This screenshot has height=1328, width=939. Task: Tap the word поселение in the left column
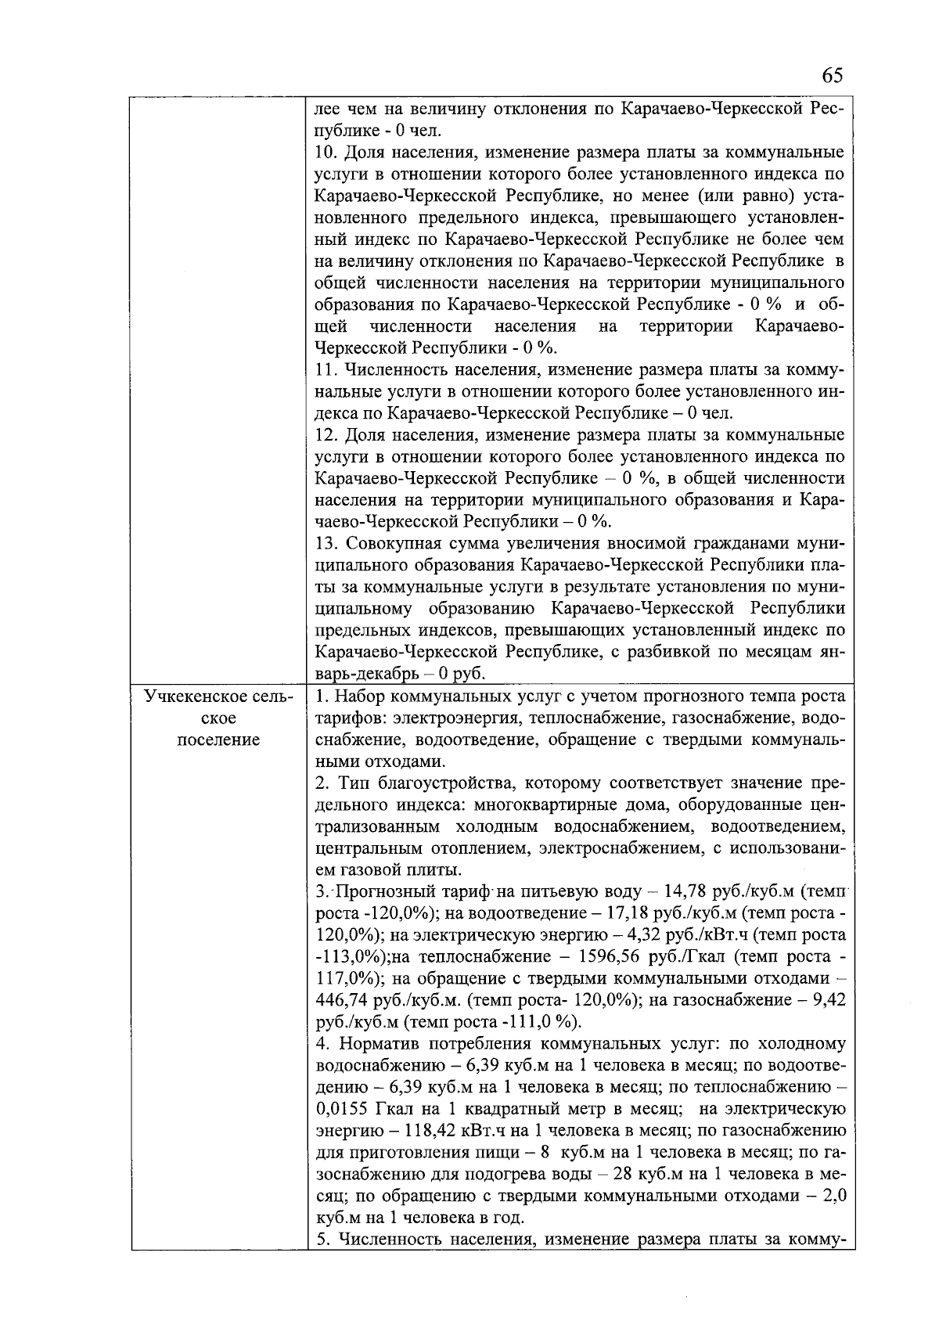click(x=218, y=740)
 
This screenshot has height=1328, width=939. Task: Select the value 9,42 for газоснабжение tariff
click(x=829, y=1000)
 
